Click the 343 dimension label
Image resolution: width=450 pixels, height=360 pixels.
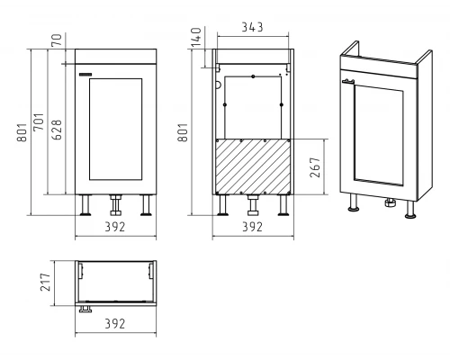(x=252, y=27)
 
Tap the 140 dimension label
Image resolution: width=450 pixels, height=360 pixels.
(x=196, y=37)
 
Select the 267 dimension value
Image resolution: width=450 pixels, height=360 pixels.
(x=315, y=167)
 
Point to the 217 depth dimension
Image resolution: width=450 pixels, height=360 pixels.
(x=46, y=282)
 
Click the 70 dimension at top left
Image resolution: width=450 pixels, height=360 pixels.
(x=57, y=40)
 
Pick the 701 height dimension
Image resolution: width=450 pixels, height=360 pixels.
(x=39, y=121)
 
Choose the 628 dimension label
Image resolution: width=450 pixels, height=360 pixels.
(x=57, y=130)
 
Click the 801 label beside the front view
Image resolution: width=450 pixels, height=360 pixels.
(x=22, y=132)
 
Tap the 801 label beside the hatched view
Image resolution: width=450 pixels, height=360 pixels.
(x=183, y=132)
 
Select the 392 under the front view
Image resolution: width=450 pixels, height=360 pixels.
(x=115, y=227)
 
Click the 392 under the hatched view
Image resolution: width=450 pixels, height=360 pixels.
(x=252, y=227)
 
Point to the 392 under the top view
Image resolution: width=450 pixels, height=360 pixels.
(x=115, y=324)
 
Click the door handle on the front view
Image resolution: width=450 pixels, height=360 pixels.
(x=86, y=75)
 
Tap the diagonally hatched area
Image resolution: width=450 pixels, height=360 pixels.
(x=253, y=166)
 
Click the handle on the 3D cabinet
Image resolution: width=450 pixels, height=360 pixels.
(x=348, y=81)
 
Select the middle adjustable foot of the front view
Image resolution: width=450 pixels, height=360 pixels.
(x=115, y=205)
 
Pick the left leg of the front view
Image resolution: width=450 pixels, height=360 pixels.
(x=85, y=205)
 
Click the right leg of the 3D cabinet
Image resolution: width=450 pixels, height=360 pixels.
(x=410, y=209)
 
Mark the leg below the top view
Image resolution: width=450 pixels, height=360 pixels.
(x=85, y=309)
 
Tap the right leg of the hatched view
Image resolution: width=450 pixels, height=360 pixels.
(x=283, y=205)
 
